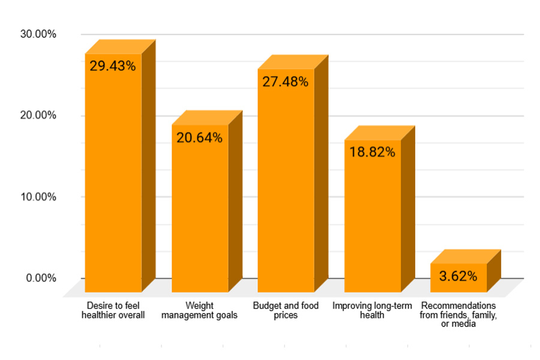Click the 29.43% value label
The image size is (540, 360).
113,66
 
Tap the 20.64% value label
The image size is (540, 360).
199,137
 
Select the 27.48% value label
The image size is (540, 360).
286,82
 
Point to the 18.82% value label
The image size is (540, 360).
372,152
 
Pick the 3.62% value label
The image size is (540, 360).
458,277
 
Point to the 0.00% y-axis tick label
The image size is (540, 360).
41,278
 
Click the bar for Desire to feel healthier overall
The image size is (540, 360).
113,180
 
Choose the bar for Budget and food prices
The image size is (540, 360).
286,186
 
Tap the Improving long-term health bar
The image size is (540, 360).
372,222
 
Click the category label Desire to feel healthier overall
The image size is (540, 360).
113,310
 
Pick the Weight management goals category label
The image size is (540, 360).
199,310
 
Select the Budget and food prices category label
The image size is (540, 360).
286,310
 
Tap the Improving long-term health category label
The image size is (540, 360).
372,310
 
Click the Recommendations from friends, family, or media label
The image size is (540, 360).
458,314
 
